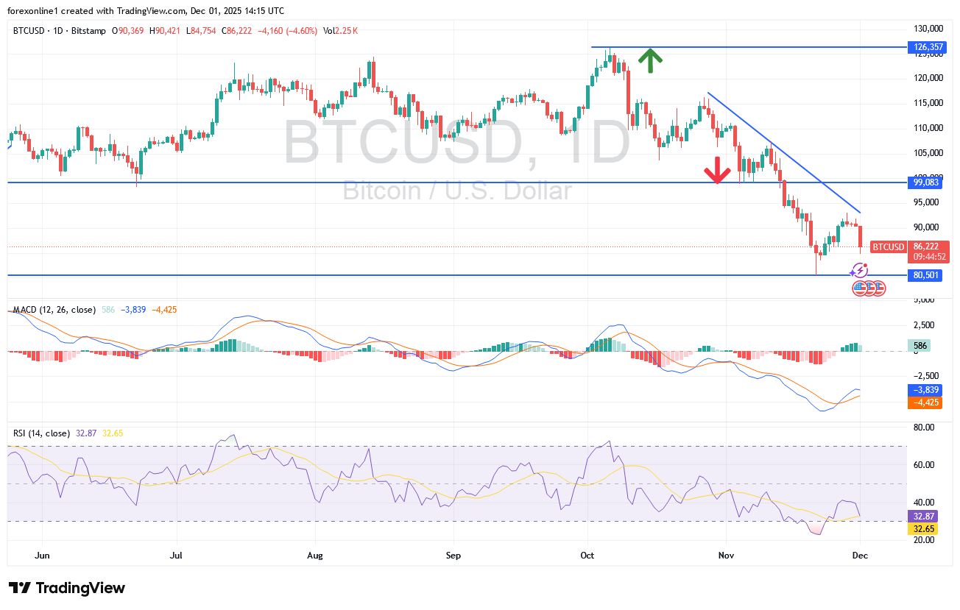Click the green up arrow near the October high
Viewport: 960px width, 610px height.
click(x=649, y=61)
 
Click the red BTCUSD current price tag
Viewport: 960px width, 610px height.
click(x=888, y=247)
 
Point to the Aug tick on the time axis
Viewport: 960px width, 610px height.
click(x=315, y=556)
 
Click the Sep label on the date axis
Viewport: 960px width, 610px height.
click(x=453, y=556)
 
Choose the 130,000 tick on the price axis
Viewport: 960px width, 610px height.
click(x=929, y=29)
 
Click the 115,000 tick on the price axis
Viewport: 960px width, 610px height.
click(x=929, y=103)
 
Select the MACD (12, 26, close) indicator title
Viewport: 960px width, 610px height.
click(x=54, y=310)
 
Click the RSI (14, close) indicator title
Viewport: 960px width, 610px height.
click(x=41, y=433)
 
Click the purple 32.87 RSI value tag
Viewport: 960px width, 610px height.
click(x=923, y=517)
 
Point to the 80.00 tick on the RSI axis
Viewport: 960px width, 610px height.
click(x=923, y=427)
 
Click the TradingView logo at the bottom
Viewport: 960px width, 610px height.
click(x=67, y=588)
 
